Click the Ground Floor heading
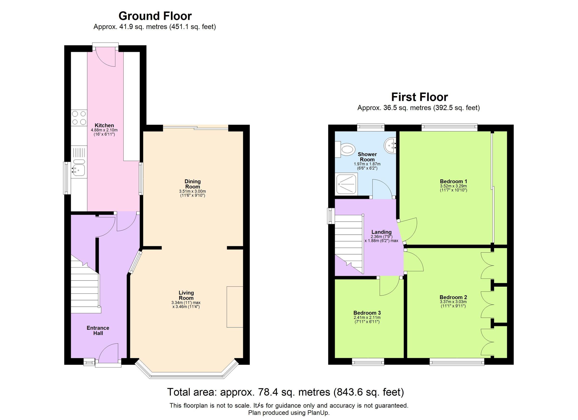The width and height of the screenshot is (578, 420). click(x=155, y=16)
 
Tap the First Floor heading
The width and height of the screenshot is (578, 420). click(x=419, y=97)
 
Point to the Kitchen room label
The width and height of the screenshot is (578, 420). click(x=104, y=125)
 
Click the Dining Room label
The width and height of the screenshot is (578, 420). click(x=192, y=184)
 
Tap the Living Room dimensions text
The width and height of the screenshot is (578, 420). click(x=186, y=305)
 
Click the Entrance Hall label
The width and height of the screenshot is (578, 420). click(x=98, y=330)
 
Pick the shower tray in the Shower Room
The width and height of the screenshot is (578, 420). click(x=347, y=184)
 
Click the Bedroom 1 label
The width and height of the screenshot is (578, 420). click(x=453, y=181)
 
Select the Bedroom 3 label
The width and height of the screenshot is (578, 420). click(x=367, y=313)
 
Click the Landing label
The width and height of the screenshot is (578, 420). click(x=381, y=232)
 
